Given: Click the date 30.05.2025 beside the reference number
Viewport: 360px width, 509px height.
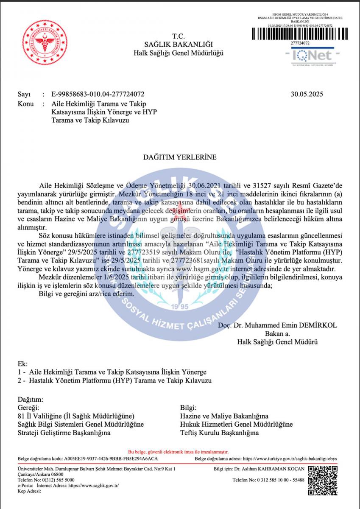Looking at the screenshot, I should click(x=307, y=94).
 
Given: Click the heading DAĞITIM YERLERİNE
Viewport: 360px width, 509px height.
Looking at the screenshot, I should click(x=180, y=157).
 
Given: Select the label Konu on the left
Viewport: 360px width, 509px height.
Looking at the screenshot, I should click(x=26, y=103).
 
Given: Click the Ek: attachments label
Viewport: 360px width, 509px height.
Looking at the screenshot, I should click(x=22, y=364).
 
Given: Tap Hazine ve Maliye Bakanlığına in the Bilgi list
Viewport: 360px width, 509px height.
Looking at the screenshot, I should click(x=224, y=416).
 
